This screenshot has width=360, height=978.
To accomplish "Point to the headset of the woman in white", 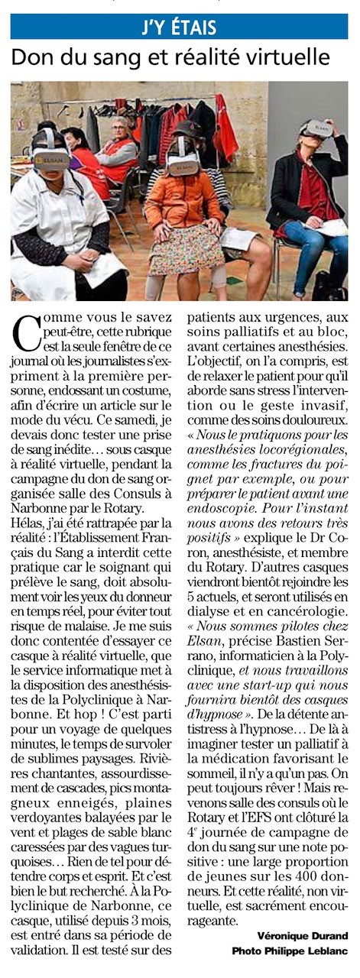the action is pos(51,157).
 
